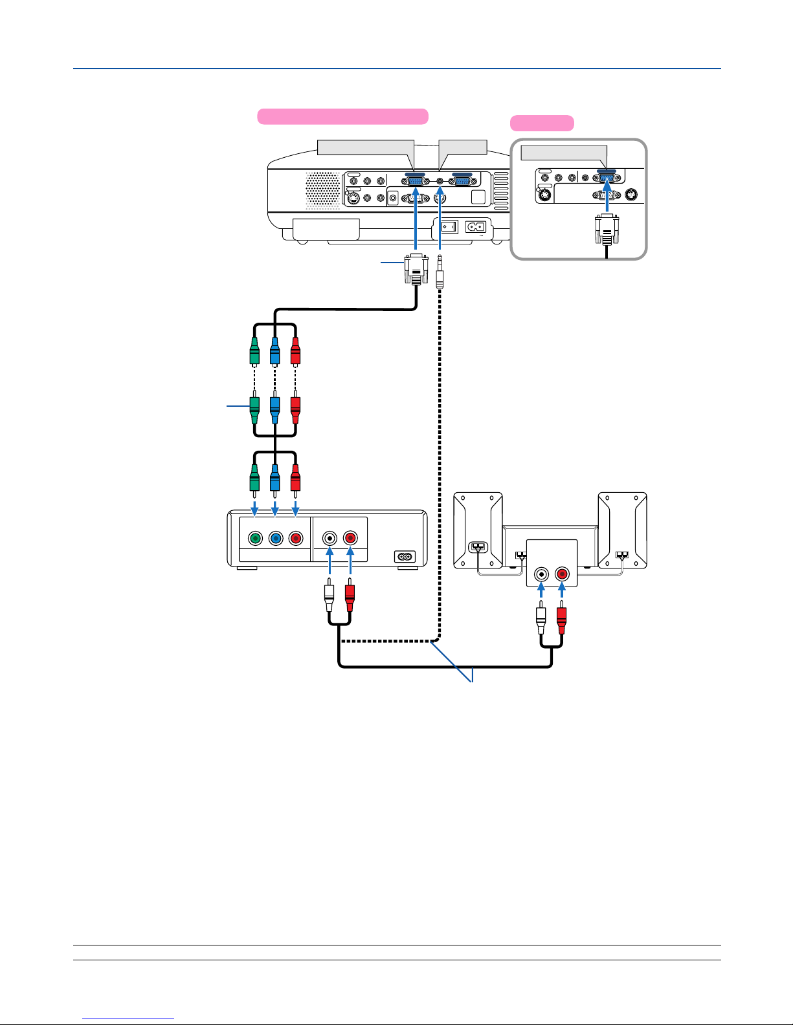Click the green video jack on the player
[255, 538]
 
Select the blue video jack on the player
[276, 538]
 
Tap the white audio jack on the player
[330, 538]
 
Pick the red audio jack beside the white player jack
[350, 538]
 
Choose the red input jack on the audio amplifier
[561, 574]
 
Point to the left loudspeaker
[478, 530]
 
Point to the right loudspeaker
[622, 530]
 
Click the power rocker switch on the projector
[449, 227]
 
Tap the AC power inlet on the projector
[476, 227]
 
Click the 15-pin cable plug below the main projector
[415, 268]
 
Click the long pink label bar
[342, 116]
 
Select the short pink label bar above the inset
[542, 123]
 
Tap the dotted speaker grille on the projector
[322, 190]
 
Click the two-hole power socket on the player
[405, 556]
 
